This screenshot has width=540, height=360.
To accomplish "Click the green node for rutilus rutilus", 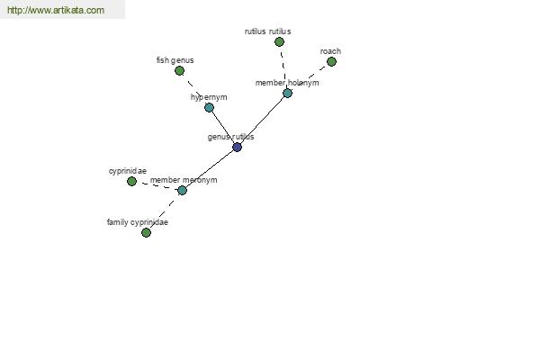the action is [x=279, y=42].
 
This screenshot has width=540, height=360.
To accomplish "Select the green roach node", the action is [x=331, y=62].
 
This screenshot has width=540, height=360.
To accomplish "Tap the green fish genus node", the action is [x=179, y=70].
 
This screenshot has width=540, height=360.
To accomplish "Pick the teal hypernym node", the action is [x=209, y=107].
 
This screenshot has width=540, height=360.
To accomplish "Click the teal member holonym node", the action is [x=287, y=93].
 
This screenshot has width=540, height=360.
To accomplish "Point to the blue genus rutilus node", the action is [x=237, y=147].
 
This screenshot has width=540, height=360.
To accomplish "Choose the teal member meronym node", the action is [x=182, y=190].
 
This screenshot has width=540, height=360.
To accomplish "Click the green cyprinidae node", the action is [x=131, y=181].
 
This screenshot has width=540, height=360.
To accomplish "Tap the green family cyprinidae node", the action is [x=146, y=232].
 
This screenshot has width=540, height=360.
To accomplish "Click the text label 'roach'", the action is [x=330, y=51].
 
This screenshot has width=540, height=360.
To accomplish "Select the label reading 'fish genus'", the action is [x=175, y=60].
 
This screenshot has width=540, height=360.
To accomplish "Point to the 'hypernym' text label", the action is [x=209, y=97].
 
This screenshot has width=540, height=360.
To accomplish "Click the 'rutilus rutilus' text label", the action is [x=267, y=31].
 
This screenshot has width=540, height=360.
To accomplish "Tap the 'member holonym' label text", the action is [x=287, y=83].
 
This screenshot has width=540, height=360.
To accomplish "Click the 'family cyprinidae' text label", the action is [x=138, y=222].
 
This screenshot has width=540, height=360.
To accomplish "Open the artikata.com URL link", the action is [x=56, y=10].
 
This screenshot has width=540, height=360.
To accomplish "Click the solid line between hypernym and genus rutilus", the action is [x=223, y=127].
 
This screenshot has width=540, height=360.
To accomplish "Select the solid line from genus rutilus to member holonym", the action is [x=262, y=121].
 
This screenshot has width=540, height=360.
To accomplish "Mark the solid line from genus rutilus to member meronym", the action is [x=210, y=169].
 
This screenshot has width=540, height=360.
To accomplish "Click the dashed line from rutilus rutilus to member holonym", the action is [x=283, y=67].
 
